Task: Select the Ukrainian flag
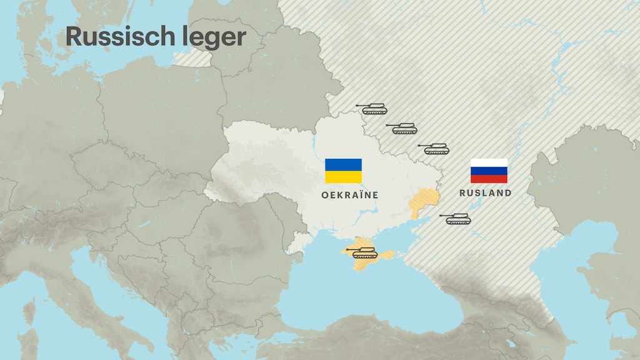point(343,171)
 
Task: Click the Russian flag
point(489,171)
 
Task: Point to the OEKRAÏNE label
point(350,195)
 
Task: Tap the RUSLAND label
point(486,193)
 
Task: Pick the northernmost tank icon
point(374,109)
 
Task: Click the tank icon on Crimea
point(364,252)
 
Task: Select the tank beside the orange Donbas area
point(458,218)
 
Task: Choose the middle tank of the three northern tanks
point(404,128)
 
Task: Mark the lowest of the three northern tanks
point(436,148)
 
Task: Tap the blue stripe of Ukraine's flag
point(343,164)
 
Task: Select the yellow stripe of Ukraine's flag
point(343,177)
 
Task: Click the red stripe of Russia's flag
point(489,179)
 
